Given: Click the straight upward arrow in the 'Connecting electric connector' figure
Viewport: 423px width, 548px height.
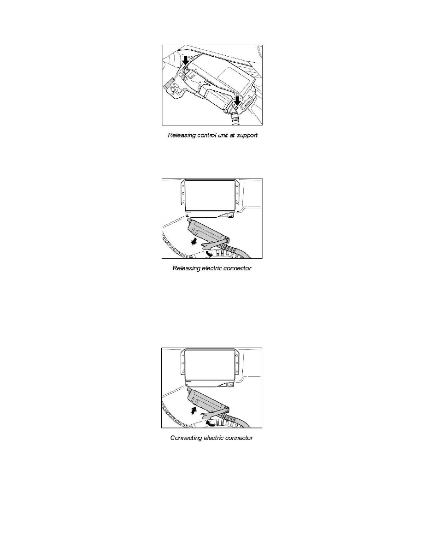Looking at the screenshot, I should [x=193, y=410].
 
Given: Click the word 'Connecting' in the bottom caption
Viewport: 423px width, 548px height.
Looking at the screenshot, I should [x=187, y=438].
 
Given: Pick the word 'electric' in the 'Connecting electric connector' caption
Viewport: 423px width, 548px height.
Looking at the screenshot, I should [x=216, y=438].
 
